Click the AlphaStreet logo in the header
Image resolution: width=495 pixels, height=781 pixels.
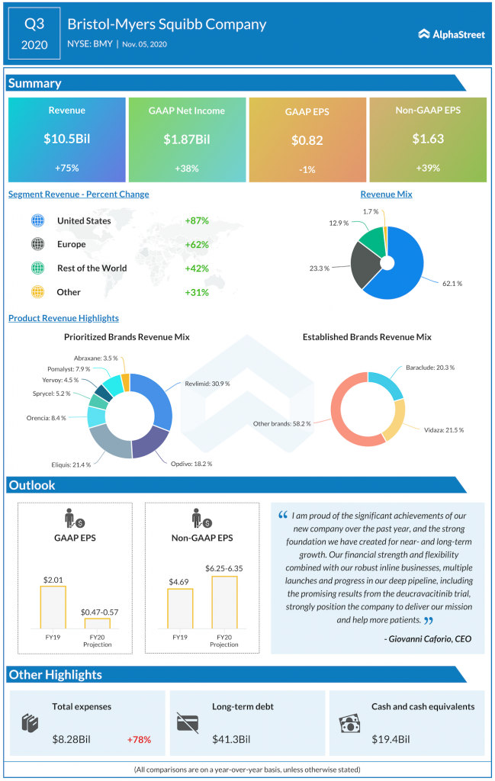tap(452, 34)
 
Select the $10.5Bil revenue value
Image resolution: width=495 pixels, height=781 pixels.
tap(66, 139)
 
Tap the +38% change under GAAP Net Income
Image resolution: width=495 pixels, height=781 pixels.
tap(187, 168)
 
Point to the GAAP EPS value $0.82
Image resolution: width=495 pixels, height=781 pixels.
tap(307, 140)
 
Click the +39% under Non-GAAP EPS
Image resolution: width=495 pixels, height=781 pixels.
tap(428, 168)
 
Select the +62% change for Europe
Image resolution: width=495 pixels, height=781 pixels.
tap(197, 245)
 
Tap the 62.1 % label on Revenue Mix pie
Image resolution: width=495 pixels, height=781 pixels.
tap(453, 283)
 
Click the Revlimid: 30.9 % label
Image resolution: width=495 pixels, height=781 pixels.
tap(206, 384)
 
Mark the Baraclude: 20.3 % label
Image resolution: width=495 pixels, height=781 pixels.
tap(429, 368)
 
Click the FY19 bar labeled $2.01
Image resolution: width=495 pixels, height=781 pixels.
tap(53, 607)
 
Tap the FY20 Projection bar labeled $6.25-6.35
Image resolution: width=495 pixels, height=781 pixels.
tap(223, 603)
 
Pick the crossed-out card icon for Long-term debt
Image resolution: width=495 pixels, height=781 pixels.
tap(188, 722)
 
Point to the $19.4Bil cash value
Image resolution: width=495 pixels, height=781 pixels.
tap(391, 739)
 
